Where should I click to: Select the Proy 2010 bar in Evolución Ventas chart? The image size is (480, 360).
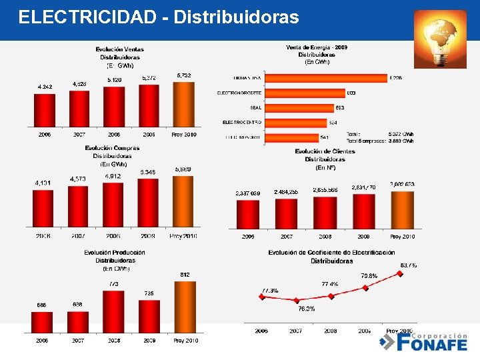pos(184,104)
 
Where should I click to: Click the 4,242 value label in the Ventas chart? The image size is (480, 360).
pos(45,87)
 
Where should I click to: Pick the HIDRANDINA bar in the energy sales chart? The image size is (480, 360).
pos(326,77)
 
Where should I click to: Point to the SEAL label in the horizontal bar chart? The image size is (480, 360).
pos(255,107)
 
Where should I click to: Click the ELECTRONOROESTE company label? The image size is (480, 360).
pos(239,93)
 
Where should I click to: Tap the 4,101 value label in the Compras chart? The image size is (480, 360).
pos(44,183)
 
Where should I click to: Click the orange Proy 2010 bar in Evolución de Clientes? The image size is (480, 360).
pos(402,210)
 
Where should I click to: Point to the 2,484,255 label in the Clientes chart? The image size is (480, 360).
pos(286,192)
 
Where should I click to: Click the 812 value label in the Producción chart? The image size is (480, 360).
pos(185,275)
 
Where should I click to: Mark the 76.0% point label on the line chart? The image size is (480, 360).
pos(306,309)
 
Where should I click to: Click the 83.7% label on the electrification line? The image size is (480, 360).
pos(409,265)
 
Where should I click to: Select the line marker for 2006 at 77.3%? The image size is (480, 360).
pos(262,297)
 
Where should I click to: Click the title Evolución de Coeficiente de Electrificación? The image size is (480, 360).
pos(331,253)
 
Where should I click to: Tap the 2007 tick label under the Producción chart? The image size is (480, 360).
pos(78,340)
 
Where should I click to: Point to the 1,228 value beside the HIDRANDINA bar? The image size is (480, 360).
pos(397,78)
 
